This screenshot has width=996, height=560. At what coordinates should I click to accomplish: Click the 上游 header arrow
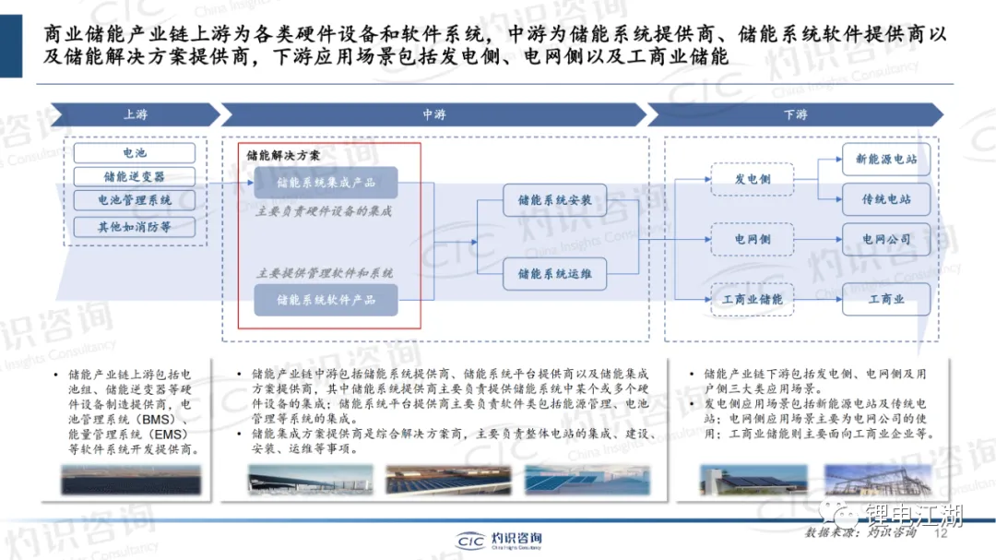(135, 114)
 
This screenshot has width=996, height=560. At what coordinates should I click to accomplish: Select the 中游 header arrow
(433, 114)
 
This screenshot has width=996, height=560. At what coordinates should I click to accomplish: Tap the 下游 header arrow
(795, 114)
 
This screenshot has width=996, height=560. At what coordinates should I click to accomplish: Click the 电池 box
(135, 153)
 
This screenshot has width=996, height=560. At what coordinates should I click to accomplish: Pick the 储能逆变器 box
(135, 176)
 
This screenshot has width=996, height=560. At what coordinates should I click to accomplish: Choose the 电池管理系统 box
(135, 200)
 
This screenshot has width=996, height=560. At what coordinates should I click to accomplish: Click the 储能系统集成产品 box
(326, 183)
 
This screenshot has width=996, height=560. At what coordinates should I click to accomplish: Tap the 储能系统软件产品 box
(326, 300)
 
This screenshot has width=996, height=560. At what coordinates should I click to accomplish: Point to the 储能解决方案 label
(284, 156)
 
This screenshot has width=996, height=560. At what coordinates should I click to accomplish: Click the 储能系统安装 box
(554, 200)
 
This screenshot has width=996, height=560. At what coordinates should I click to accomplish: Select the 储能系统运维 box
(554, 274)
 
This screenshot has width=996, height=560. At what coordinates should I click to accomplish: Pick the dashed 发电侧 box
(753, 179)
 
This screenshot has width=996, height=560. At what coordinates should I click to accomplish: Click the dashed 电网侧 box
(753, 240)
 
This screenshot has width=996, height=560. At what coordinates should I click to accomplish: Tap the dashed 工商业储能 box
(753, 299)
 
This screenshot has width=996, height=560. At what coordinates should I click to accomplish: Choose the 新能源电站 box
(886, 160)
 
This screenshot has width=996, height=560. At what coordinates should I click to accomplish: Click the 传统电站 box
(886, 199)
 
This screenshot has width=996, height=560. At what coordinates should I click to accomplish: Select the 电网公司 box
(886, 240)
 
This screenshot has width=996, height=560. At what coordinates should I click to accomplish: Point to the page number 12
(942, 533)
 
